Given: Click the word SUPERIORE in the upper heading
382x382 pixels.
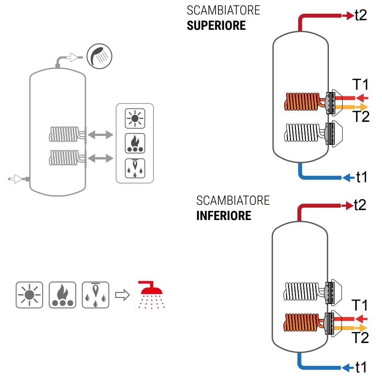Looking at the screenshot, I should [x=216, y=26].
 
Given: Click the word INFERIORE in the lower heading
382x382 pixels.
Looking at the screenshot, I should [x=224, y=215].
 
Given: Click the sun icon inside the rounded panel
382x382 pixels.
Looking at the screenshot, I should [x=135, y=118].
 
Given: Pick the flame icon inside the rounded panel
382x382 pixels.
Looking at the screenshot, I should [x=135, y=144].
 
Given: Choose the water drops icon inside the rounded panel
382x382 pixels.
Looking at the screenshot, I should [x=135, y=168].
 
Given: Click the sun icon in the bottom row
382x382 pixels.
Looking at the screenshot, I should [x=29, y=295].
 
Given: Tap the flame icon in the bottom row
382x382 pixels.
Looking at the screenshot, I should [x=62, y=295].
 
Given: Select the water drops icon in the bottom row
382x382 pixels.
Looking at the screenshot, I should [x=95, y=295].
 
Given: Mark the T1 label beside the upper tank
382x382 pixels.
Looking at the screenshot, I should [x=360, y=85].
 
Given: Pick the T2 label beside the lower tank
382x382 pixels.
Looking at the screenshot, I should [x=360, y=338].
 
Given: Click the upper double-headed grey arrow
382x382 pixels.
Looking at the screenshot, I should [x=100, y=134].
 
